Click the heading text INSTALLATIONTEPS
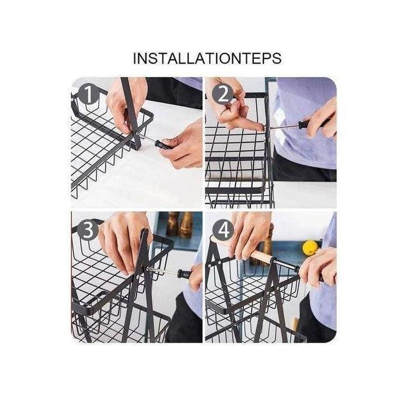pos(207,58)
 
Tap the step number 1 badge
pos(89,94)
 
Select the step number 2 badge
pos(223,95)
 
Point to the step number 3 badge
pos(88,229)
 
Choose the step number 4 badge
pos(223,230)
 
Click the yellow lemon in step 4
pos(310,248)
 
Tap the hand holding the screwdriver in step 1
pos(180,145)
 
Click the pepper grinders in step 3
pos(179,224)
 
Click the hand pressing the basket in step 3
pos(124,241)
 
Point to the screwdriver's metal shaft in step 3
pos(162,271)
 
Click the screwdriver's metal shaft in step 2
pos(282,127)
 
